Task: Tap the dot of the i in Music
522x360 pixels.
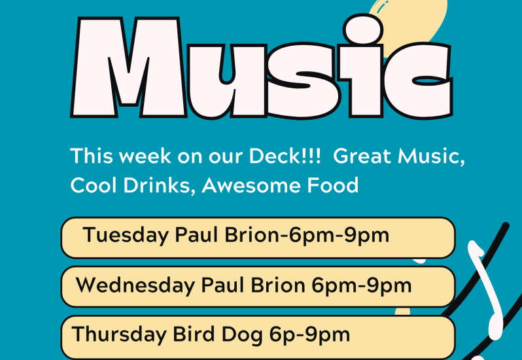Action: (x=363, y=29)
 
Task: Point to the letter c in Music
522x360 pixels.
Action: (x=418, y=81)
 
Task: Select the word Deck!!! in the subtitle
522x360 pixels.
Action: (x=285, y=156)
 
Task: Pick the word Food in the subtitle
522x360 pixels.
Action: (x=332, y=185)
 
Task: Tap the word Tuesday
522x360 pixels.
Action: (x=126, y=236)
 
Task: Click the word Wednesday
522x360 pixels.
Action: (x=135, y=285)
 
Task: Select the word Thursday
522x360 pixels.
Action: (x=119, y=334)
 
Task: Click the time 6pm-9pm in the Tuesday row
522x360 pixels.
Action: (x=339, y=236)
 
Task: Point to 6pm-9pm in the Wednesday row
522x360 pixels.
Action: (x=362, y=286)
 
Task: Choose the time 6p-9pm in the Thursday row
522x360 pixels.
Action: (x=309, y=335)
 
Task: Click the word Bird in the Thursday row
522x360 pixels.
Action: (x=194, y=334)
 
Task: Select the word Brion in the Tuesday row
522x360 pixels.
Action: (x=251, y=235)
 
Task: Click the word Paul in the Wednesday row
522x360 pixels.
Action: (x=222, y=285)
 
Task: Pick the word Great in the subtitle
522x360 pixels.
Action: (x=362, y=156)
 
